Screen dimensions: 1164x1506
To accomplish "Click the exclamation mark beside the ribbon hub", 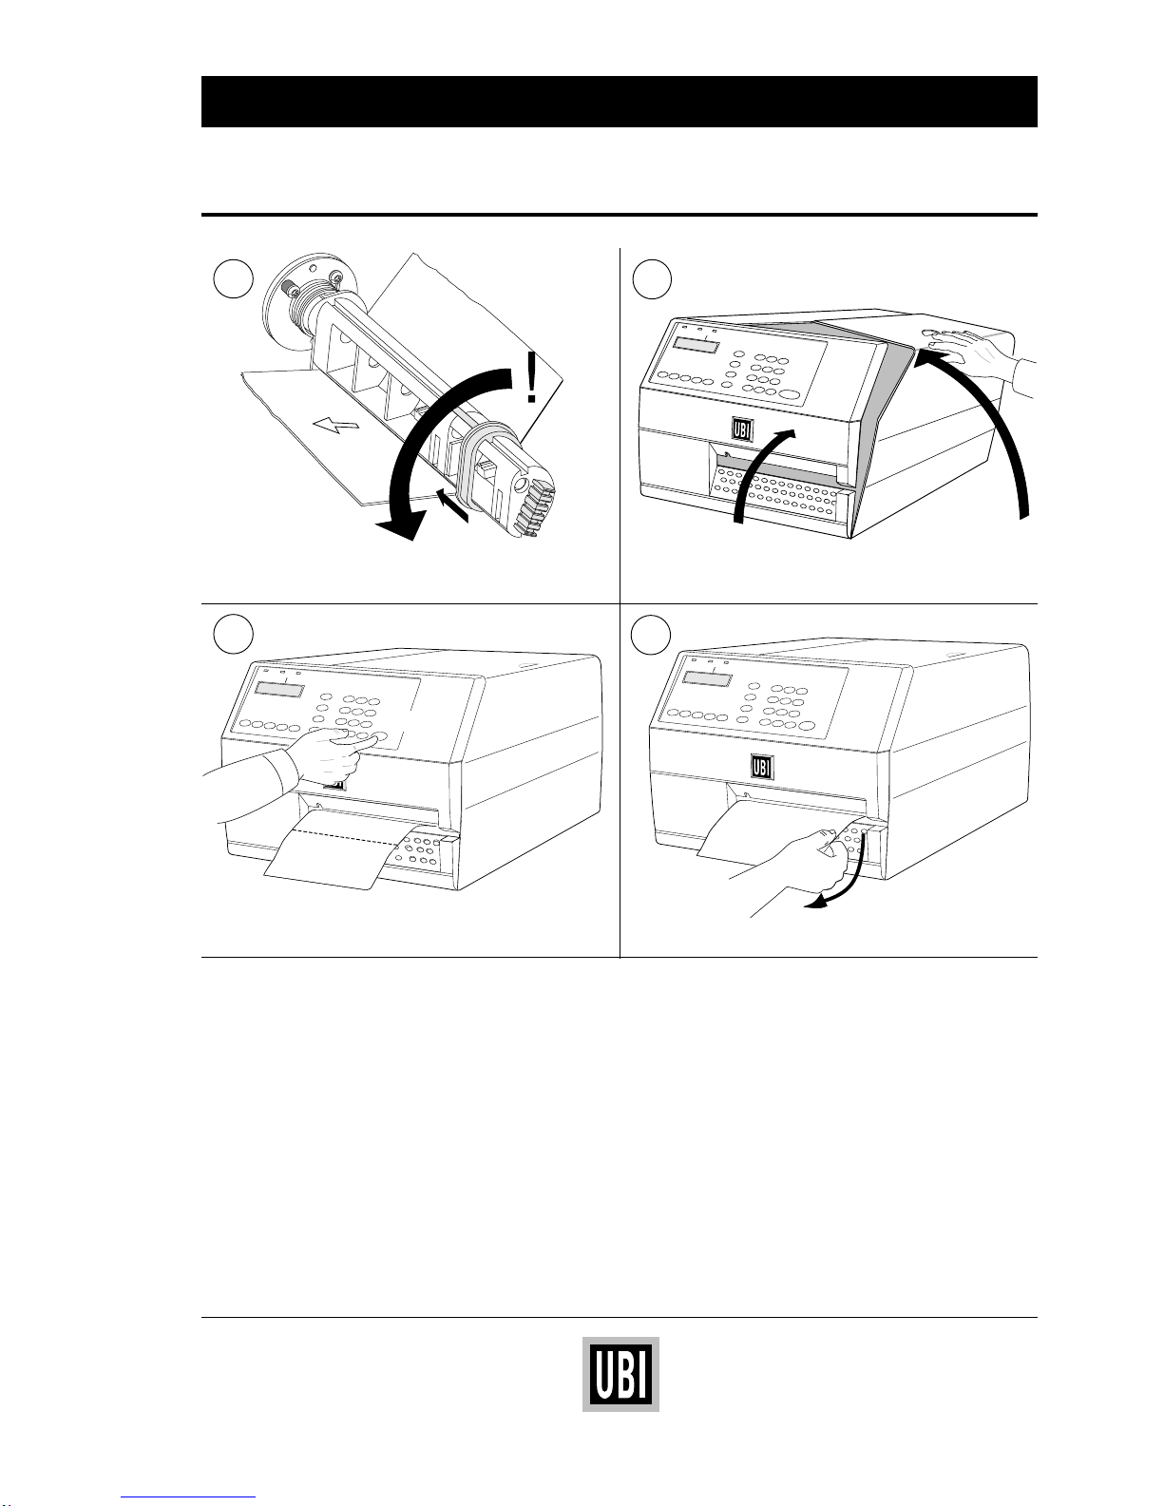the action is coord(531,378).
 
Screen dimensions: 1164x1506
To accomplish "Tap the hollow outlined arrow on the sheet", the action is coord(336,424).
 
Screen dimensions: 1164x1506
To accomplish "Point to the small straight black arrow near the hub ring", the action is coord(453,505).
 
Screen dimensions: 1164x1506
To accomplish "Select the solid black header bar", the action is coord(620,101).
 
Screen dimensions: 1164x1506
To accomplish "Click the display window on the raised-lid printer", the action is coord(695,346).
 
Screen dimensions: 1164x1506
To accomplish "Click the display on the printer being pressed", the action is coord(279,690).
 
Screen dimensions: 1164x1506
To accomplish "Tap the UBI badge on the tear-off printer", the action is coord(762,767).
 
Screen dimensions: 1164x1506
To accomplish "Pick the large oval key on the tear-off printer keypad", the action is coord(807,726).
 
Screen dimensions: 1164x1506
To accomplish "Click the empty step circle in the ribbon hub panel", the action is coord(234,279).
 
